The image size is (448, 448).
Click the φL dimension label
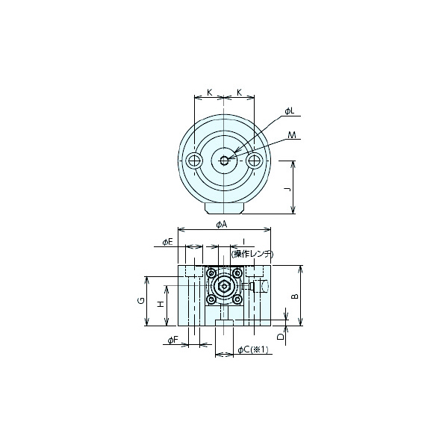[290, 111]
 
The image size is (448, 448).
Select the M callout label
[292, 135]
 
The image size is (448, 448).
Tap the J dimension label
[289, 189]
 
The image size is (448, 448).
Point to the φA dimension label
[222, 225]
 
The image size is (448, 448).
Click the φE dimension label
[168, 242]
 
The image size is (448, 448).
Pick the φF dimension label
[173, 340]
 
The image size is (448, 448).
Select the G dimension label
[141, 301]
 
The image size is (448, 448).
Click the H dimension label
[161, 304]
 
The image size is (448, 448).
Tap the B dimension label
[295, 296]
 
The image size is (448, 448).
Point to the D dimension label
[281, 337]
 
